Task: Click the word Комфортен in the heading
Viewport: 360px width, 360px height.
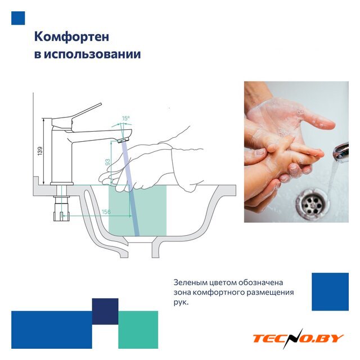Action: [x=71, y=37]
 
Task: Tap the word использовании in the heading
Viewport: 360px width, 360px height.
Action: [x=92, y=55]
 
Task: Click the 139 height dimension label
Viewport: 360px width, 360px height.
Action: [x=40, y=151]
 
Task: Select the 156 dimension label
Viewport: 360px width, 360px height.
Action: [x=106, y=211]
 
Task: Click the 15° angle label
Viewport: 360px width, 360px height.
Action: [x=125, y=118]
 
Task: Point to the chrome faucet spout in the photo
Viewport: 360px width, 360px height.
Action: [x=341, y=152]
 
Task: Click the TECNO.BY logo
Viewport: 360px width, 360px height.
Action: [x=298, y=338]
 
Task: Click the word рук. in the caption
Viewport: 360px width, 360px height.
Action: [x=181, y=303]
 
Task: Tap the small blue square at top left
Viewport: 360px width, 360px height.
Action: [x=18, y=18]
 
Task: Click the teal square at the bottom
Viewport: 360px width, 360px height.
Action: [x=138, y=330]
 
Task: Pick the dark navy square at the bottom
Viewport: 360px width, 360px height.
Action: [x=105, y=311]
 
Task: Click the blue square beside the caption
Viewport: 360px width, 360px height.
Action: [x=330, y=291]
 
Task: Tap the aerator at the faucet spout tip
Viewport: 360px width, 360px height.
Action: [x=123, y=140]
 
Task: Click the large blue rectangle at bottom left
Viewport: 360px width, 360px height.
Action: [x=52, y=330]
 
